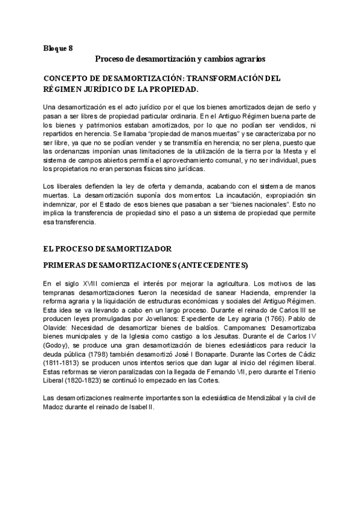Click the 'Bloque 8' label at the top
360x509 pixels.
pyautogui.click(x=58, y=47)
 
